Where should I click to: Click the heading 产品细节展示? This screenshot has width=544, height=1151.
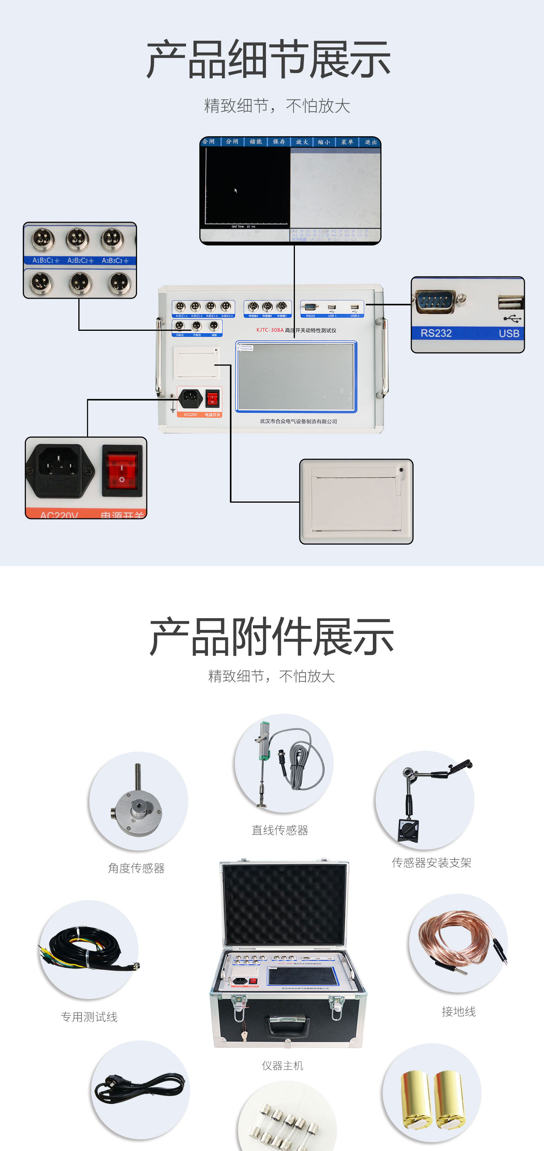pyautogui.click(x=269, y=60)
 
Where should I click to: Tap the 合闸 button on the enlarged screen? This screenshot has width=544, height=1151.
pyautogui.click(x=209, y=142)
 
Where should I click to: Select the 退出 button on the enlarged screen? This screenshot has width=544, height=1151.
pyautogui.click(x=370, y=142)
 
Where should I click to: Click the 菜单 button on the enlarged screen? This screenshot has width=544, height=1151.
pyautogui.click(x=347, y=142)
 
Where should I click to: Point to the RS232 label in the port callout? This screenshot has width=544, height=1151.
pyautogui.click(x=436, y=333)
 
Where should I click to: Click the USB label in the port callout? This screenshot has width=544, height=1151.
pyautogui.click(x=509, y=333)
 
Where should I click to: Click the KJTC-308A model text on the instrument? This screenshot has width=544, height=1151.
pyautogui.click(x=269, y=330)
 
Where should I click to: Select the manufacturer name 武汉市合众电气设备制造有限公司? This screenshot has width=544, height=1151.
pyautogui.click(x=298, y=421)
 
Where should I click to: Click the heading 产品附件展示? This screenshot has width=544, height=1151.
pyautogui.click(x=271, y=637)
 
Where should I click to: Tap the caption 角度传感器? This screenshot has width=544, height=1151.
pyautogui.click(x=136, y=868)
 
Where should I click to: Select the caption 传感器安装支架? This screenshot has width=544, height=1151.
pyautogui.click(x=431, y=863)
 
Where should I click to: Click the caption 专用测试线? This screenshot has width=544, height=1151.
pyautogui.click(x=89, y=1017)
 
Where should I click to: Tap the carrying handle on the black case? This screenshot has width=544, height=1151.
pyautogui.click(x=288, y=1024)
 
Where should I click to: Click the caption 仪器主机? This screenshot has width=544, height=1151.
pyautogui.click(x=282, y=1066)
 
